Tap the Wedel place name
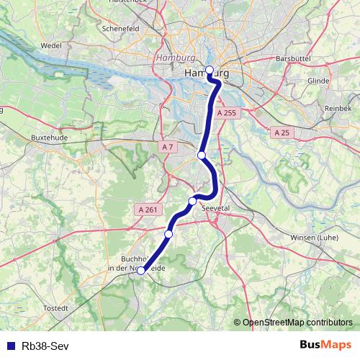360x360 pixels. pos(51,45)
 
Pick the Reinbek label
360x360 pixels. pos(338,107)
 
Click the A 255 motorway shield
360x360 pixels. pos(226,113)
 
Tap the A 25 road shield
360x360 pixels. pos(282,132)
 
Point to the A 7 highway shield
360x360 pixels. pos(167,147)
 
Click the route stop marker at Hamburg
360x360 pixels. pos(210,70)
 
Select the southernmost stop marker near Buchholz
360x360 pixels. pos(141,271)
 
